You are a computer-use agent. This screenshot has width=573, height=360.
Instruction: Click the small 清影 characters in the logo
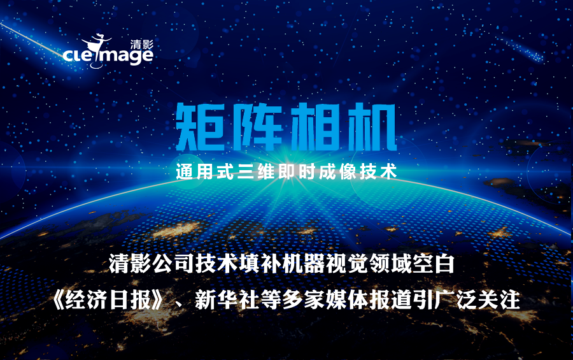[x=142, y=45]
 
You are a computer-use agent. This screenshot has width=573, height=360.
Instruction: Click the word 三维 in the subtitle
[x=256, y=171]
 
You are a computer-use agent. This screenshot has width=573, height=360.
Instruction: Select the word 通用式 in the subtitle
[x=204, y=171]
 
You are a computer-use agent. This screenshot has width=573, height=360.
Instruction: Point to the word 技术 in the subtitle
[x=379, y=171]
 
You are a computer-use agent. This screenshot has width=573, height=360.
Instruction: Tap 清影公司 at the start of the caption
[x=152, y=263]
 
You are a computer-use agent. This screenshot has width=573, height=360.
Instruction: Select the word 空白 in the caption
[x=434, y=263]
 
